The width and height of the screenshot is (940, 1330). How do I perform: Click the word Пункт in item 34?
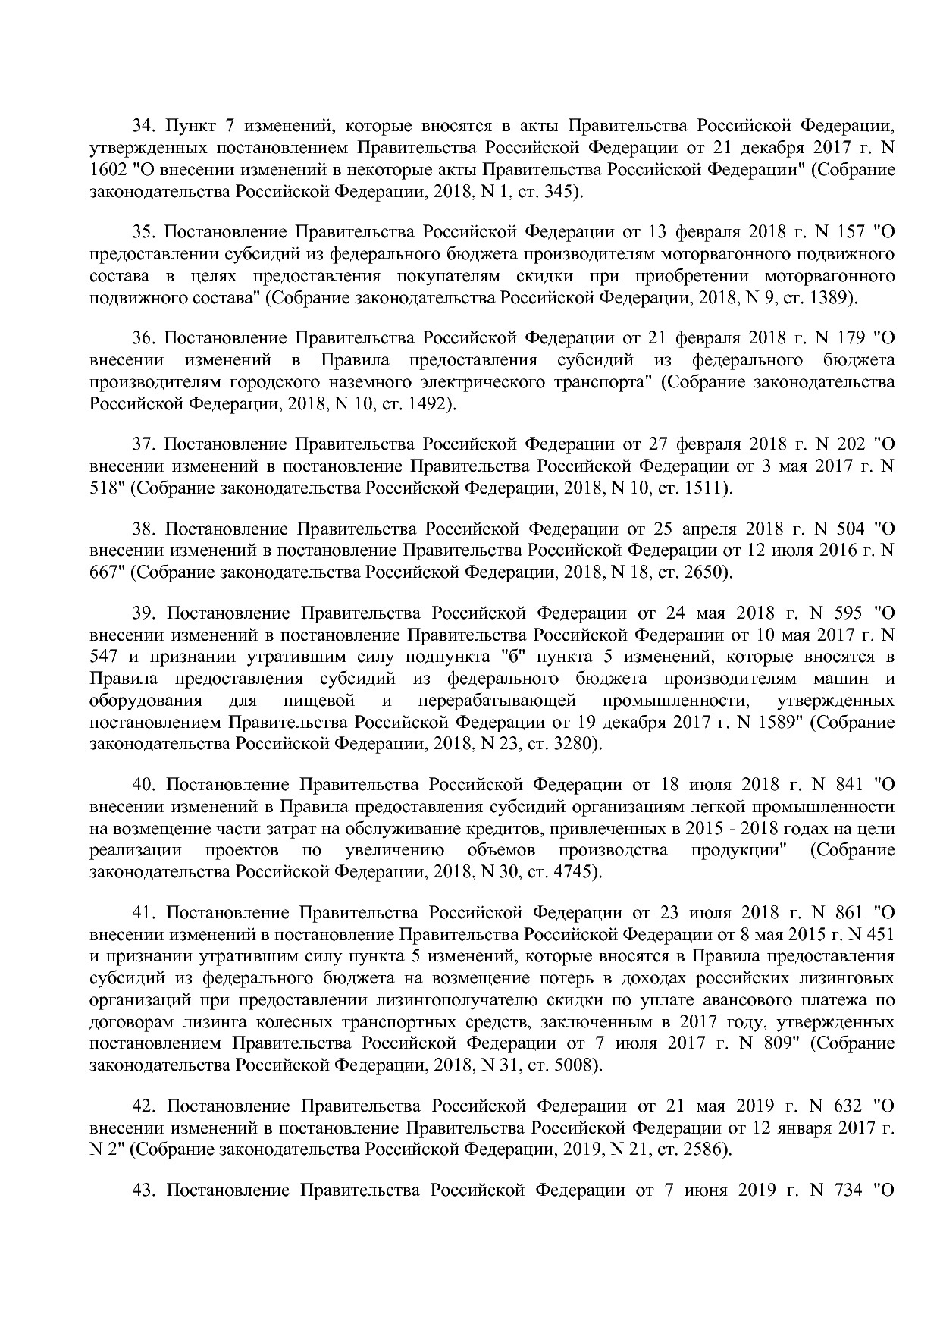(190, 125)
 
